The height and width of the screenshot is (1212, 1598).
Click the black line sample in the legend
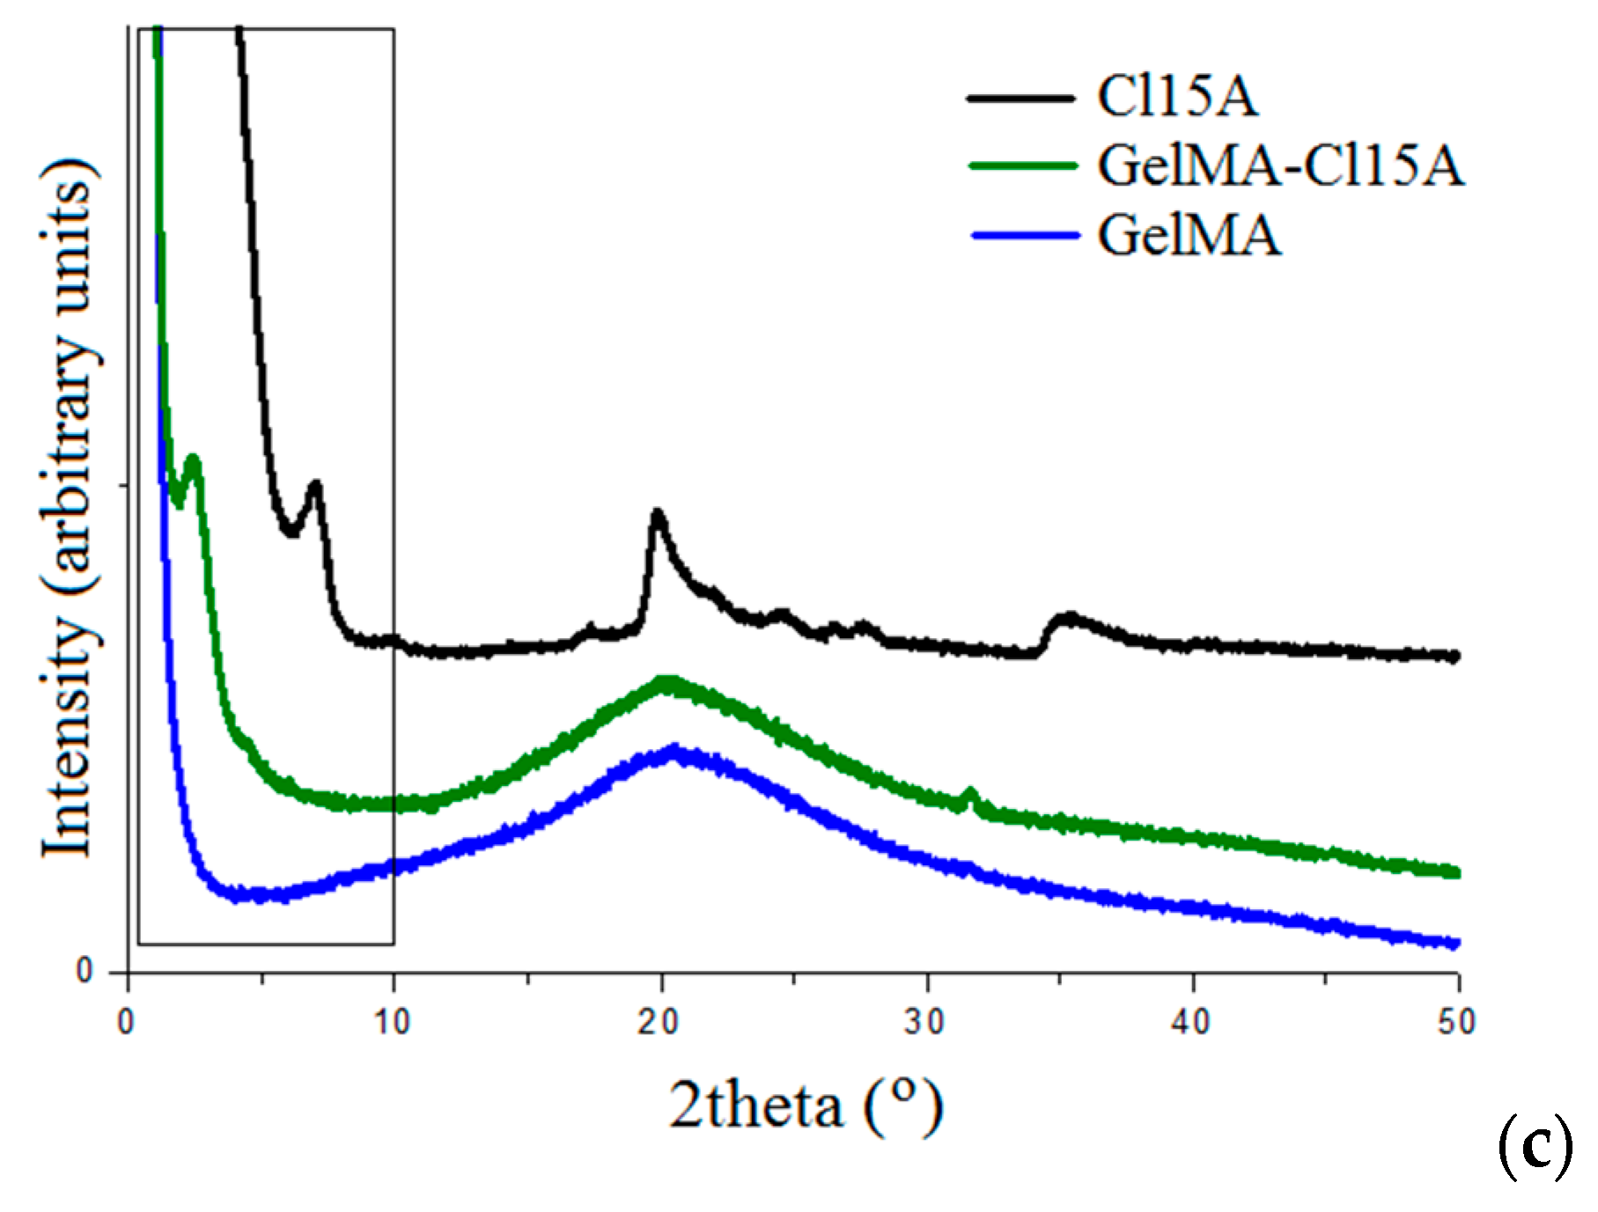click(x=1021, y=97)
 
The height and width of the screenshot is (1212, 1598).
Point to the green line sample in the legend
click(x=1023, y=165)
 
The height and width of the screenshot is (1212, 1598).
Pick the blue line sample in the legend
click(x=1025, y=235)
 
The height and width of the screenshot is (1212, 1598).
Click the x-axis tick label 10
click(x=391, y=1022)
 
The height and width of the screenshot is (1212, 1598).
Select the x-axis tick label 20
click(x=659, y=1022)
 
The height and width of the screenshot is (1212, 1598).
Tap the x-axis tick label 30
click(x=925, y=1022)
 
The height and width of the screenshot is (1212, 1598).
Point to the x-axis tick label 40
click(x=1191, y=1022)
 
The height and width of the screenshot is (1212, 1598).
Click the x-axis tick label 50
click(x=1457, y=1022)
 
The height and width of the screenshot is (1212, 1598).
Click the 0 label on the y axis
click(x=85, y=972)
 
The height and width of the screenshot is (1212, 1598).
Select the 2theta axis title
click(x=806, y=1105)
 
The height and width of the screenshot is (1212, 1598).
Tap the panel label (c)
click(x=1535, y=1147)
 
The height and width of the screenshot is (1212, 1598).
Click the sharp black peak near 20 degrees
click(x=657, y=514)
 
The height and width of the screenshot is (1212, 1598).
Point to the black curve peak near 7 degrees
click(x=314, y=485)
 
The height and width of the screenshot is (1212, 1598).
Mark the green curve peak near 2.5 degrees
click(x=194, y=459)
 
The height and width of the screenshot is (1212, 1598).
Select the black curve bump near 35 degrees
click(x=1069, y=618)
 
